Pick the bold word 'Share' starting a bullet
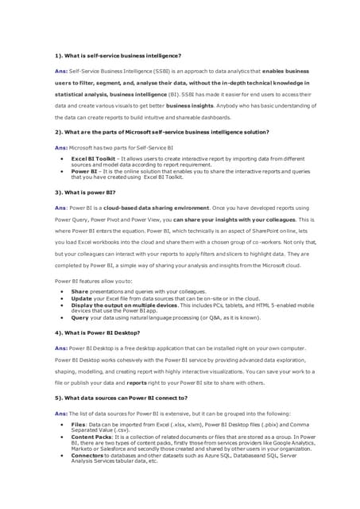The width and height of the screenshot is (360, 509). pos(79,292)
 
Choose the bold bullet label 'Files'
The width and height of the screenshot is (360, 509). pos(79,425)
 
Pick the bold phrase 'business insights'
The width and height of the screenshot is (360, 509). pos(189,104)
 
